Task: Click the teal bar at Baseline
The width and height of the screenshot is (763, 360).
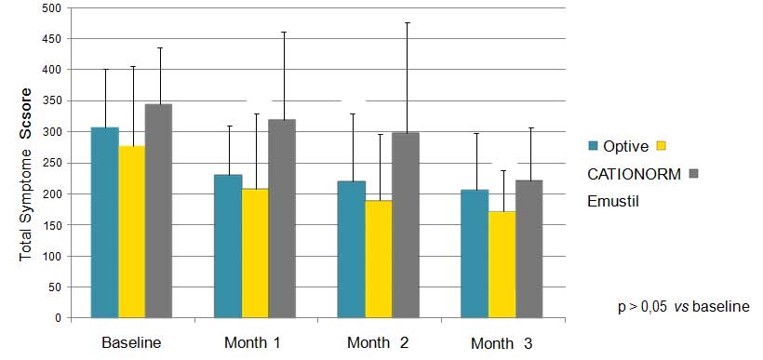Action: pyautogui.click(x=105, y=223)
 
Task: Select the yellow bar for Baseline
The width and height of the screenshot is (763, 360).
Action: pyautogui.click(x=132, y=232)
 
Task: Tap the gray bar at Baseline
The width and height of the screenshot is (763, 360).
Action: pyautogui.click(x=158, y=211)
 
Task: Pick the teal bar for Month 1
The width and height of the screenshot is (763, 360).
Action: pyautogui.click(x=228, y=247)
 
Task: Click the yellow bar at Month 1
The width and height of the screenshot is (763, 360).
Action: pyautogui.click(x=255, y=253)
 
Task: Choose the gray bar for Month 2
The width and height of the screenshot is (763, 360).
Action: pyautogui.click(x=406, y=225)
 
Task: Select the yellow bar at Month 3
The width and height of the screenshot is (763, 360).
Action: pyautogui.click(x=502, y=264)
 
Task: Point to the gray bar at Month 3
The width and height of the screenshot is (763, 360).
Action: pyautogui.click(x=529, y=249)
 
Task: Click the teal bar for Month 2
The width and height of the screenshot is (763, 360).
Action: pyautogui.click(x=352, y=249)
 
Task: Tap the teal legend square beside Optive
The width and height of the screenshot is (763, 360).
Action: pyautogui.click(x=593, y=145)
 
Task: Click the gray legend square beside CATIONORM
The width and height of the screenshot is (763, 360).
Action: pyautogui.click(x=694, y=174)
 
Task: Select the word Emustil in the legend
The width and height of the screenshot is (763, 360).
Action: pyautogui.click(x=613, y=201)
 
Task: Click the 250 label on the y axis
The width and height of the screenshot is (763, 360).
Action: pyautogui.click(x=56, y=163)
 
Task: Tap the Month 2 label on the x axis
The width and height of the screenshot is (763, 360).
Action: pyautogui.click(x=378, y=342)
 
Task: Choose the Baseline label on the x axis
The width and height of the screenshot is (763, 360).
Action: pyautogui.click(x=131, y=342)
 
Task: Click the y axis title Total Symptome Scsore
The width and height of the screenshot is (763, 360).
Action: pyautogui.click(x=26, y=174)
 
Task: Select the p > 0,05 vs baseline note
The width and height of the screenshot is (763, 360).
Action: pyautogui.click(x=684, y=308)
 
